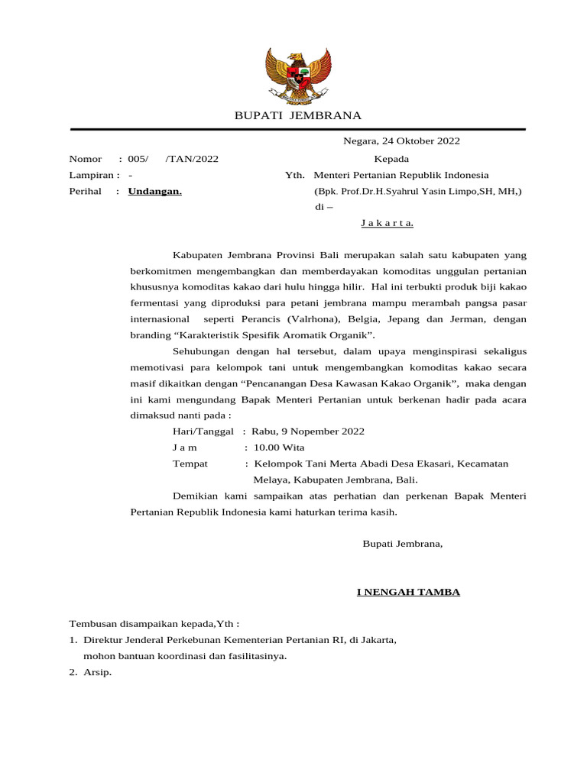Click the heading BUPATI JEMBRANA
297,116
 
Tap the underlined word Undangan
154,192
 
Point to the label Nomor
85,159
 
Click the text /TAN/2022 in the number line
192,159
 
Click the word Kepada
391,159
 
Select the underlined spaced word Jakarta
387,223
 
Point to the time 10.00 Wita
279,448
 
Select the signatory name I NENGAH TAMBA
408,592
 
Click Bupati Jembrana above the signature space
402,544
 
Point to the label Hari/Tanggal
203,431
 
